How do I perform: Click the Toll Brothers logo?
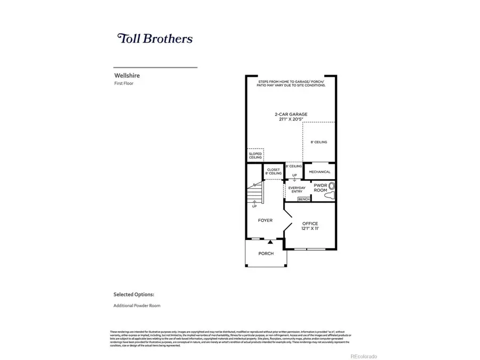coord(155,38)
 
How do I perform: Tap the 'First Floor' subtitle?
coord(125,84)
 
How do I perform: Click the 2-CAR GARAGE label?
coord(291,114)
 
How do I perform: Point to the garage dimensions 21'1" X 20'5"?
coord(291,119)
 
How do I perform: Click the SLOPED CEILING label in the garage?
coord(255,156)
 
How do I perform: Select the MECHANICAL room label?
coord(319,172)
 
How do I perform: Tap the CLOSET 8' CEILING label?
coord(274,172)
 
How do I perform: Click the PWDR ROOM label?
coord(320,188)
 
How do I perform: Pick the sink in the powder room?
coord(332,186)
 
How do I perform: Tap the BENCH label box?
coord(304,199)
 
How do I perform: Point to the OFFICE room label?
coord(310,223)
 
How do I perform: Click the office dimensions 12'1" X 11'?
coord(310,229)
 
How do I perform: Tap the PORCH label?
coord(266,253)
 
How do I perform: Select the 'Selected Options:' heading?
coord(134,294)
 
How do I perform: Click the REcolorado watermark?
coord(363,356)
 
